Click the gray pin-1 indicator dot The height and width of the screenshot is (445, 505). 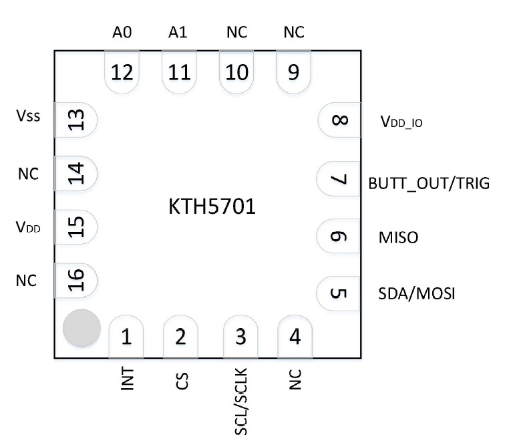81,329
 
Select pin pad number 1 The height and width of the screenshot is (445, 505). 126,337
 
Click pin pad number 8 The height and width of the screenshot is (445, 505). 339,121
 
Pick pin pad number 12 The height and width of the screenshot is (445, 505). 123,71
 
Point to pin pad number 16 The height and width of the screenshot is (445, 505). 76,280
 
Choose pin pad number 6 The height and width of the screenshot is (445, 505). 339,237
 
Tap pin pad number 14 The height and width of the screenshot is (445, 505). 76,174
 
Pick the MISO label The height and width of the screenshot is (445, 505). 398,237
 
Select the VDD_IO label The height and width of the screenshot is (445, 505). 401,122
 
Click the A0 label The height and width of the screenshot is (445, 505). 121,33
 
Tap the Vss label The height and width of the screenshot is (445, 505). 28,116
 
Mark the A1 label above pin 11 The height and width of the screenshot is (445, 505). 178,33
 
